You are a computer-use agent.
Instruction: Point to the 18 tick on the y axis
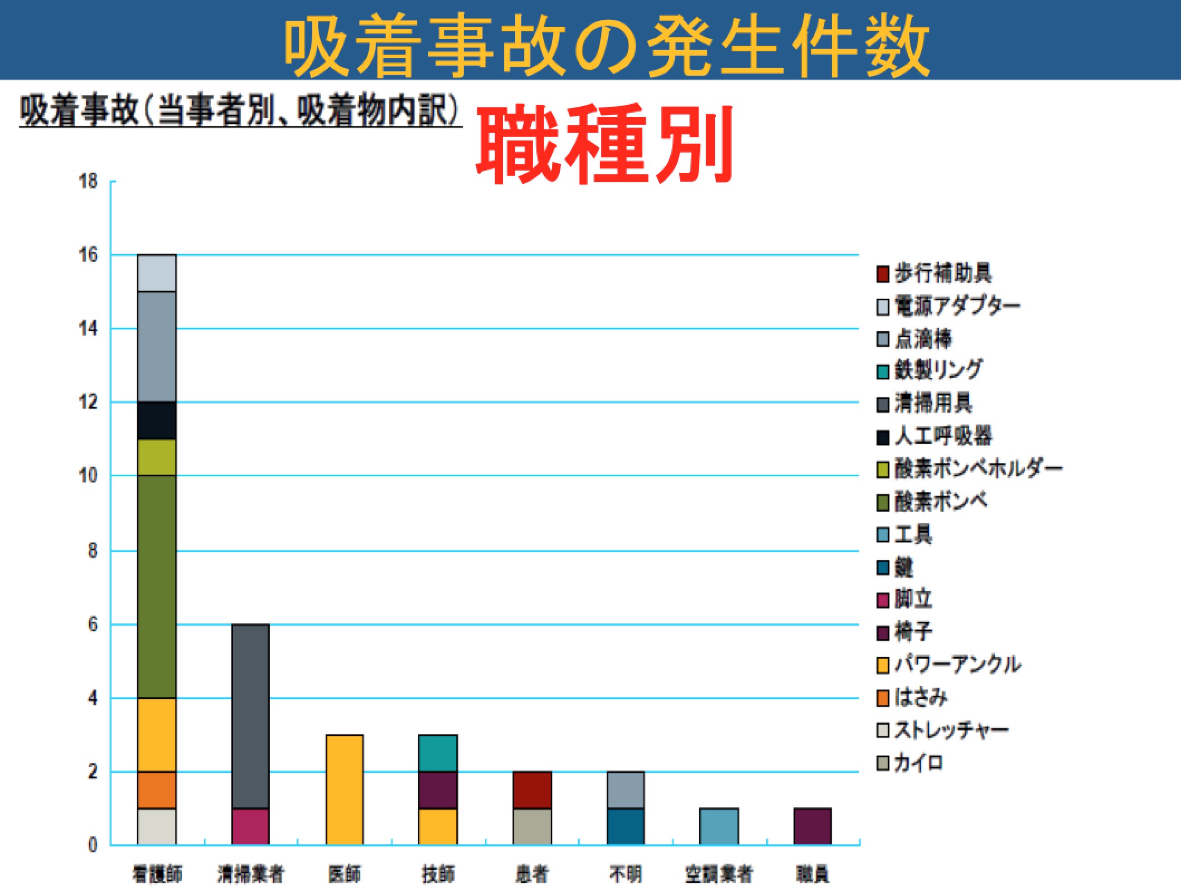tap(88, 181)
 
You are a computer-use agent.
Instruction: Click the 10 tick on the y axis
tap(88, 476)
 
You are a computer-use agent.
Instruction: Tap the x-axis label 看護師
tap(157, 874)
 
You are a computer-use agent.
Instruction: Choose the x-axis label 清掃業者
tap(251, 874)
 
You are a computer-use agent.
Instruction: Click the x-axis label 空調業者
tap(719, 874)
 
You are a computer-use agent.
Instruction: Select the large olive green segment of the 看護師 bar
tap(157, 587)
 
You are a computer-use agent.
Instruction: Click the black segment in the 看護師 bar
tap(157, 420)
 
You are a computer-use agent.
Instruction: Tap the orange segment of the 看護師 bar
tap(157, 790)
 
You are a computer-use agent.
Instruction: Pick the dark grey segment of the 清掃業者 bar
tap(250, 716)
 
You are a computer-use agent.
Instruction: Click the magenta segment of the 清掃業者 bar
tap(250, 826)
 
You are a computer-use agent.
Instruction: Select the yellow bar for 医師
tap(345, 790)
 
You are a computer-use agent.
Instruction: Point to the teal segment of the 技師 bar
tap(438, 753)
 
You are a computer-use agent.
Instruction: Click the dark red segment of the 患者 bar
tap(533, 790)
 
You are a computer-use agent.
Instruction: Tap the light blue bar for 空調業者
tap(719, 826)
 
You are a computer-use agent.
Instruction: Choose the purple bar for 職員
tap(812, 826)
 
